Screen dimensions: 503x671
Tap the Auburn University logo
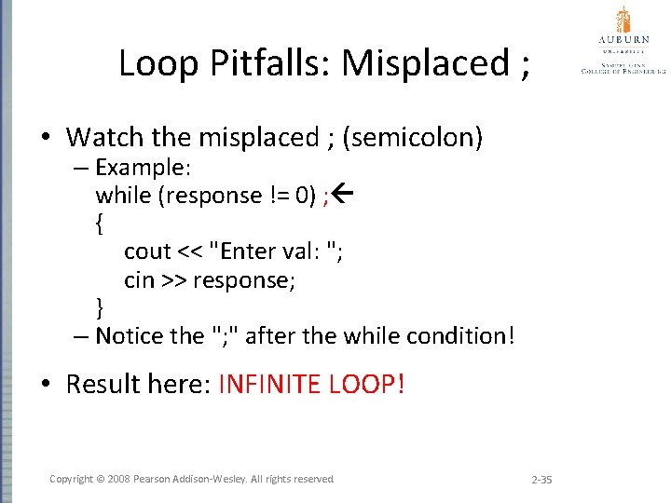pos(623,39)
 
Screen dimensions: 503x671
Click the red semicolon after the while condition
pos(326,196)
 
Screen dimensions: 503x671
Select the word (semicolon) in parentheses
pos(413,138)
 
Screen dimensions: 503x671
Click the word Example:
pos(143,168)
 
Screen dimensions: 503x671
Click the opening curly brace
pos(100,224)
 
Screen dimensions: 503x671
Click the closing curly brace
pos(100,307)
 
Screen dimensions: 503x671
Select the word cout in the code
pos(147,251)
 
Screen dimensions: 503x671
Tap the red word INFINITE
pos(270,384)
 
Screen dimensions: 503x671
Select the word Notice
pos(129,335)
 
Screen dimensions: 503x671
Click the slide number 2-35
pos(541,480)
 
